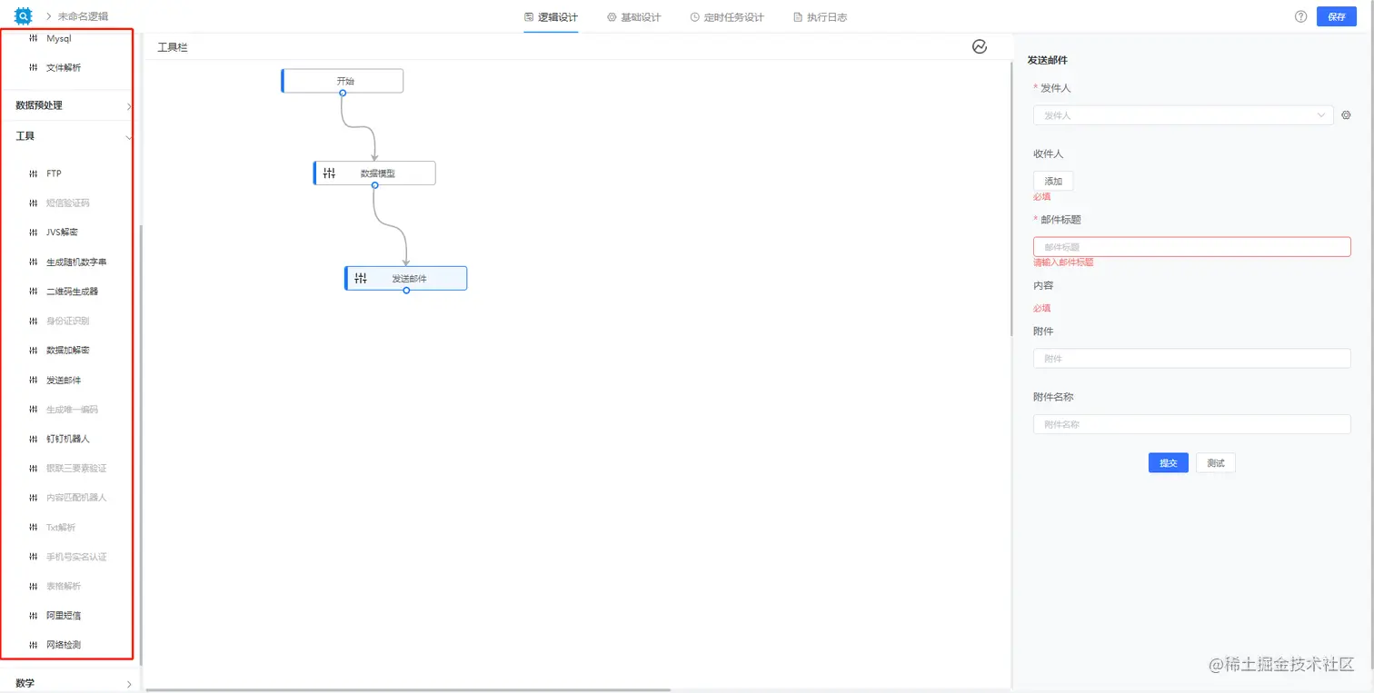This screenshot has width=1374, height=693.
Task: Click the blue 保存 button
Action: (1336, 16)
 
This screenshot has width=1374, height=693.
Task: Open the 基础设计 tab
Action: (634, 17)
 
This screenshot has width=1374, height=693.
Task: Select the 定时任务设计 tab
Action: (727, 17)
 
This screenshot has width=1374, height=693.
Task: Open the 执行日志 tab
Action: (820, 17)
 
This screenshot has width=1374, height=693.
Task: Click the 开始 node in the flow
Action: (343, 81)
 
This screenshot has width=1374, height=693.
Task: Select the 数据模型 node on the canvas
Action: (375, 173)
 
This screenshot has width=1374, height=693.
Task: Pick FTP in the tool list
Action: (54, 173)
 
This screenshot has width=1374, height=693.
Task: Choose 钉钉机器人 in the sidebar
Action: (67, 439)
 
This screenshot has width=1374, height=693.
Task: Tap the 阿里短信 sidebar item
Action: (63, 616)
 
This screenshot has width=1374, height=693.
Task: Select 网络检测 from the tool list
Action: (63, 645)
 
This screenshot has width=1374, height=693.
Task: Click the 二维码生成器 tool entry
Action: (72, 292)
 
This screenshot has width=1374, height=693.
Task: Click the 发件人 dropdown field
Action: (1182, 115)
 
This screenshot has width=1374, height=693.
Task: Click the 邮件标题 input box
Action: (1191, 247)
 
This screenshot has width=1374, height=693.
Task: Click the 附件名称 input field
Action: (1191, 424)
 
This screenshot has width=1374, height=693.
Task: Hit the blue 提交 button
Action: (1168, 463)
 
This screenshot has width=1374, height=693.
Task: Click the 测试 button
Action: (1215, 463)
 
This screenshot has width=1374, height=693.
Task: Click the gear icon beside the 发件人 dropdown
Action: (1346, 115)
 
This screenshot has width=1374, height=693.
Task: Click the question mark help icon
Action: (1300, 16)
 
